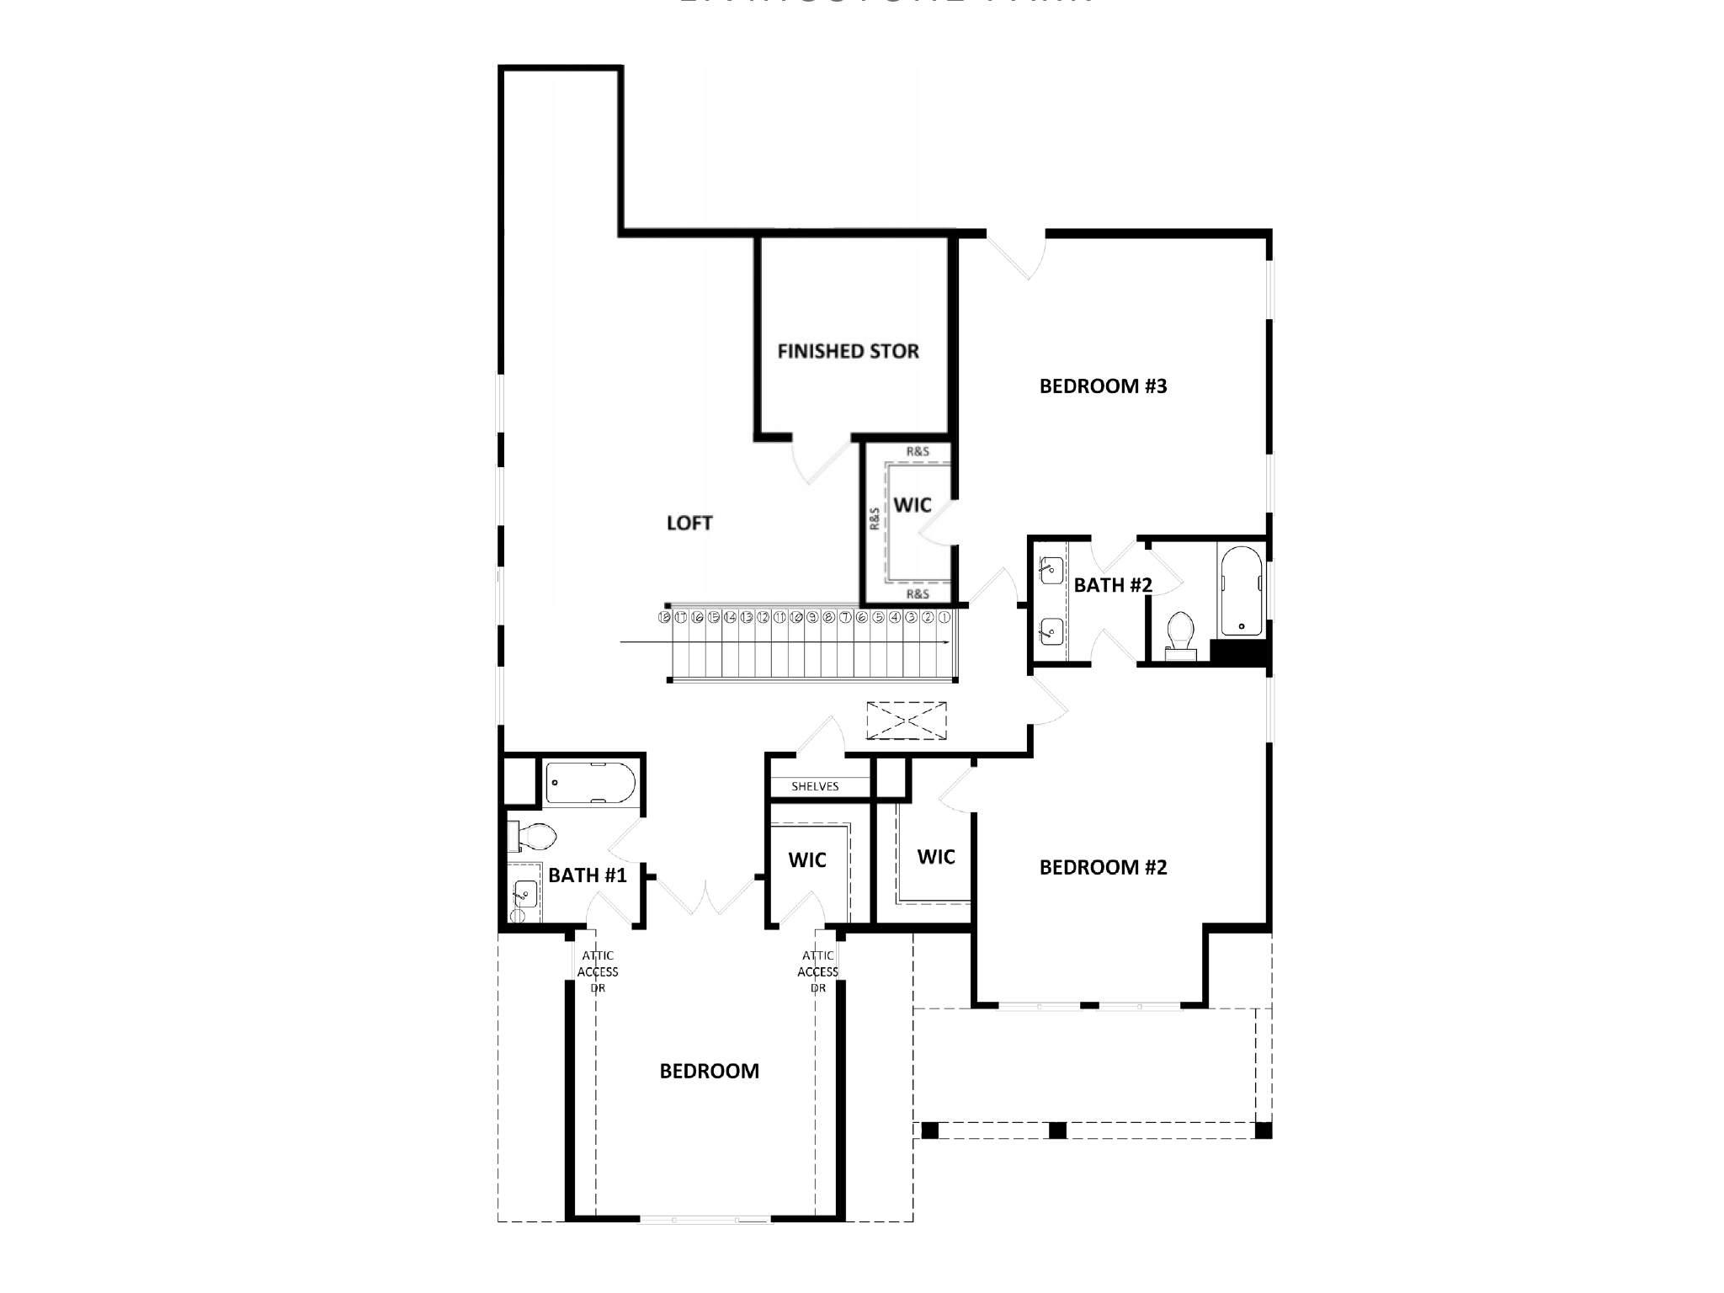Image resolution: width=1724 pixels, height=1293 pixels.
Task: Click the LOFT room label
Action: tap(689, 524)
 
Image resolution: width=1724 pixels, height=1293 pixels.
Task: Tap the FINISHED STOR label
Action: tap(848, 352)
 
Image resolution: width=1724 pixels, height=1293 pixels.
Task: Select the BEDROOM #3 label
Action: tap(1103, 386)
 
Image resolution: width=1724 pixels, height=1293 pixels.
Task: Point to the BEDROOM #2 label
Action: tap(1103, 868)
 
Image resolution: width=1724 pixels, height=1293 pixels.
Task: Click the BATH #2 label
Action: tap(1112, 585)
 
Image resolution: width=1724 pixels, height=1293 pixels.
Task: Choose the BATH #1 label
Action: tap(587, 875)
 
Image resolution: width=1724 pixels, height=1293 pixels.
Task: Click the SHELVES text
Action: tap(815, 786)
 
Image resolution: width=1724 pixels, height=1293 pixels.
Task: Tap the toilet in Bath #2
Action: tap(1181, 634)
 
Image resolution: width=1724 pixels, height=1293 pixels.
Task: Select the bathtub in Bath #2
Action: tap(1241, 591)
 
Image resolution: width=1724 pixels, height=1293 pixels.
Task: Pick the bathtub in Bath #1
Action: tap(589, 783)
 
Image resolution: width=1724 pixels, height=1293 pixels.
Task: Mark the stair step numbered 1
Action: tap(944, 617)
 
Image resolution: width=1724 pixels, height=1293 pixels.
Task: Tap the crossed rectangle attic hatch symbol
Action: tap(906, 721)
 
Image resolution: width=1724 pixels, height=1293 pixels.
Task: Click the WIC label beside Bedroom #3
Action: tap(913, 505)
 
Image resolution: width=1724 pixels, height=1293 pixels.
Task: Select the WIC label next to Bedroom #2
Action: tap(936, 857)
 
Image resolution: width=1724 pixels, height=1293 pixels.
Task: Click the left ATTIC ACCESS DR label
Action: tap(598, 971)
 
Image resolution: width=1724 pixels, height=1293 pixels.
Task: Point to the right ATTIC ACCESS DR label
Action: tap(818, 971)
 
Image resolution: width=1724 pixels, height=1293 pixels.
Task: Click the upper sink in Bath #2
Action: tap(1049, 569)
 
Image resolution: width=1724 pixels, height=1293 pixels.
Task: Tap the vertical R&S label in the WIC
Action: tap(875, 518)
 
